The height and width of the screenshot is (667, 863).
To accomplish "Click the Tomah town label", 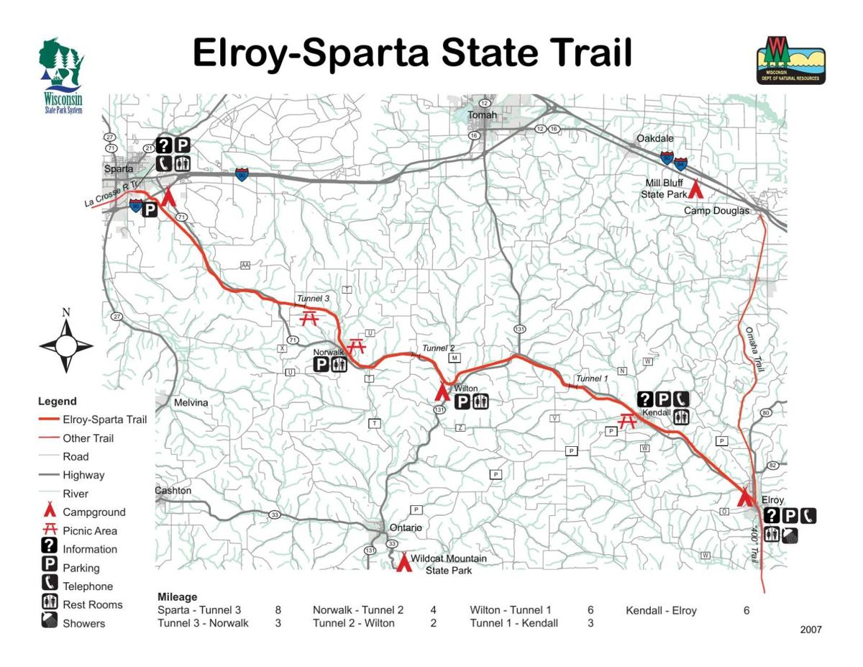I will tap(482, 115).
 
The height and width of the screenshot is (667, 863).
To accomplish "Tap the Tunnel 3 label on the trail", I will tap(313, 299).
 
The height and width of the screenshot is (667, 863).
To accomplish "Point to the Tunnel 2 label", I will tap(438, 348).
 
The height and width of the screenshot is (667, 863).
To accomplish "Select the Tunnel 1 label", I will tap(591, 378).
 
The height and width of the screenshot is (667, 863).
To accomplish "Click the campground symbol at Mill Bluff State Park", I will tap(695, 189).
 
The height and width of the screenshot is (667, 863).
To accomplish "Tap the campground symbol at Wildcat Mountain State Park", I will tap(404, 562).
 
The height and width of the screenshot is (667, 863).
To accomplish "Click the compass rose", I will tap(66, 346).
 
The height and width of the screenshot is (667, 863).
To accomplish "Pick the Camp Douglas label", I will tap(716, 211).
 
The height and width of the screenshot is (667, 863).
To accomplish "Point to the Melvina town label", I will tap(191, 403).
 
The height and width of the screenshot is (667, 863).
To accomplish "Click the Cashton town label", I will tap(173, 491).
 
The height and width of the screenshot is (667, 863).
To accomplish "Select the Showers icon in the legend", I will tap(49, 622).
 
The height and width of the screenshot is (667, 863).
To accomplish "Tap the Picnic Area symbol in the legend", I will tap(49, 530).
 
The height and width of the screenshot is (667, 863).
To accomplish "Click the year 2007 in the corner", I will tap(811, 630).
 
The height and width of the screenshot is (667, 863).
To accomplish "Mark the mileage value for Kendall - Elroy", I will tap(746, 610).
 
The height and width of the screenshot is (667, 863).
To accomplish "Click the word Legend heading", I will tap(58, 401).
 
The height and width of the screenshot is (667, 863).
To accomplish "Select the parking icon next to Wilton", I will tap(463, 401).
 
